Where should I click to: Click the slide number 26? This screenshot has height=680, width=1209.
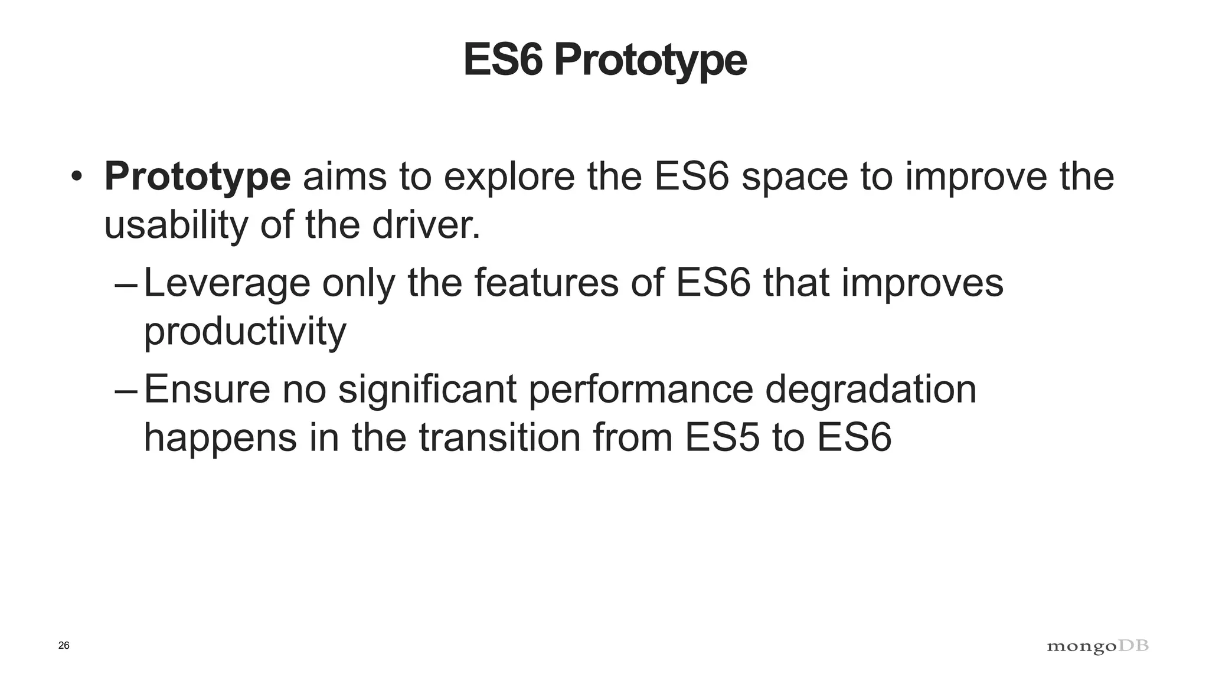(64, 646)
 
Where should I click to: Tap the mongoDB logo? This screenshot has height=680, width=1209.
(1097, 647)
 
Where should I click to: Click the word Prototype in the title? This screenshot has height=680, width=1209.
(650, 60)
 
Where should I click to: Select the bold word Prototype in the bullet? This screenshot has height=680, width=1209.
(197, 176)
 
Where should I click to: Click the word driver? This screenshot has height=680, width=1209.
(426, 225)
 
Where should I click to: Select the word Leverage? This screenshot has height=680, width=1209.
(227, 284)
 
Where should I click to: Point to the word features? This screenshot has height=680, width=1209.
(546, 283)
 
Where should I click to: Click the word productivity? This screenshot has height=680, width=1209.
(245, 332)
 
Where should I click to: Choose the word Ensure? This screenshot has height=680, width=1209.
(207, 390)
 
